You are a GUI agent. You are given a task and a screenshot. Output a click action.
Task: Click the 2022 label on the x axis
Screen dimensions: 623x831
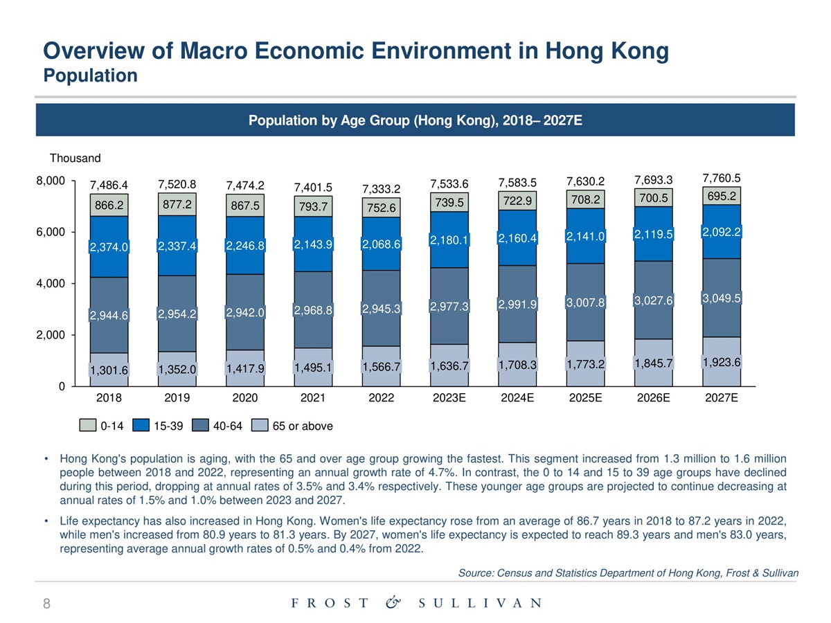[x=381, y=398]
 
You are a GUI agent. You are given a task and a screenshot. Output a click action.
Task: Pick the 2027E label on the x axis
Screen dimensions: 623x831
[x=721, y=398]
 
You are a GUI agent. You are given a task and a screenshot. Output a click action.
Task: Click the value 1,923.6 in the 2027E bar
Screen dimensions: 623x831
[x=721, y=362]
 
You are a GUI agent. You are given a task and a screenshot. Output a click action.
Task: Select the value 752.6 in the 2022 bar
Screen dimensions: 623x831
[x=381, y=208]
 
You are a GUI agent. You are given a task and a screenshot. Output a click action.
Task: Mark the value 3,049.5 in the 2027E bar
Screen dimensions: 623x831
[x=721, y=298]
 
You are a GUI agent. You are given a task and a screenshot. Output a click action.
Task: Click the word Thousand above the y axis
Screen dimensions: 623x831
[x=75, y=159]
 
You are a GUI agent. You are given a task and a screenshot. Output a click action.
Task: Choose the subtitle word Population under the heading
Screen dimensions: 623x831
[x=90, y=75]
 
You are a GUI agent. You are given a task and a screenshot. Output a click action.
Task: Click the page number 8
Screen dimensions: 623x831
[x=46, y=604]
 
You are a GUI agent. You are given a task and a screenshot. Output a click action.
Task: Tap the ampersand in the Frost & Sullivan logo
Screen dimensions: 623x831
[x=393, y=603]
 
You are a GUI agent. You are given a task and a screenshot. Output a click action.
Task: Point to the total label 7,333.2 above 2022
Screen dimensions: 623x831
[x=381, y=189]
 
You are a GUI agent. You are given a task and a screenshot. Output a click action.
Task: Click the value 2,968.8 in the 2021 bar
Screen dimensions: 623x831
[x=313, y=309]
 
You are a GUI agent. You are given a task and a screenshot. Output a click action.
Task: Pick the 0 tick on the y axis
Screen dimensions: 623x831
[x=61, y=386]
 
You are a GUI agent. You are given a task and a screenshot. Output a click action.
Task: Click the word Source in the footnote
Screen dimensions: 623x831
[x=476, y=573]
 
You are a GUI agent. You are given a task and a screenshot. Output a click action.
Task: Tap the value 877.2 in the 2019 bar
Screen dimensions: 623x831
[x=177, y=205]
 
